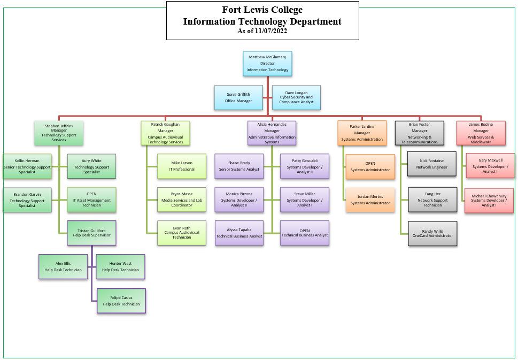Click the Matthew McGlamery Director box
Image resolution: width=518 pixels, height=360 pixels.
(267, 64)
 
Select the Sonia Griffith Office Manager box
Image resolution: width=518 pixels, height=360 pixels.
(238, 97)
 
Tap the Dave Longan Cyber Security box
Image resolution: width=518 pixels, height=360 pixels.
(296, 97)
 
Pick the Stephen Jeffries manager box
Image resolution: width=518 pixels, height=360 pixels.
(59, 132)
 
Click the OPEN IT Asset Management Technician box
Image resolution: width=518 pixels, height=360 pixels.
(91, 200)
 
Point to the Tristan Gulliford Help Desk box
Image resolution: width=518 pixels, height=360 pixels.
(91, 233)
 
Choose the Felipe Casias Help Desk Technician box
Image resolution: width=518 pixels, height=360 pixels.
(121, 301)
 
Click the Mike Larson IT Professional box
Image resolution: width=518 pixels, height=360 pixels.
(182, 166)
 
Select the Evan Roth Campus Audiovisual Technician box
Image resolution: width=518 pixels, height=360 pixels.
(182, 233)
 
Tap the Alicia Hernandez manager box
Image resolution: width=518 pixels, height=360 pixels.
(272, 133)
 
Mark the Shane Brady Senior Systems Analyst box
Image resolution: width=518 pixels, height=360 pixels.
(238, 166)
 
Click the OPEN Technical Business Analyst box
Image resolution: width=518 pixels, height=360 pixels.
(305, 233)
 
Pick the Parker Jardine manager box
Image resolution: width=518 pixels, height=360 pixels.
(362, 133)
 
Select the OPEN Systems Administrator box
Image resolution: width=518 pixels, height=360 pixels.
(370, 166)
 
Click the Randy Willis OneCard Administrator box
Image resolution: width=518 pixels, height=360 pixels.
(432, 233)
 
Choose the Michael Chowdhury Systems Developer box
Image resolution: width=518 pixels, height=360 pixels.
(489, 200)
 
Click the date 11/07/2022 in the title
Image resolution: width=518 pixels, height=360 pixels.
(272, 32)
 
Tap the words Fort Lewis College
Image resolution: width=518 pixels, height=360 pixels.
(262, 10)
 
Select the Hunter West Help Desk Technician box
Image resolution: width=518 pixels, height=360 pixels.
(120, 266)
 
